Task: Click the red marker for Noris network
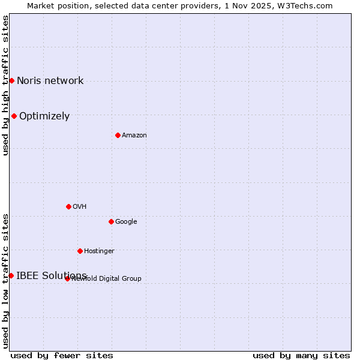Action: (11, 80)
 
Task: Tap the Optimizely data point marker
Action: (14, 116)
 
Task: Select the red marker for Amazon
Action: (118, 135)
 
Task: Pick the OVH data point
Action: (68, 206)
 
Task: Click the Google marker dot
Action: (111, 221)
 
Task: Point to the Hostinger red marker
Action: (80, 251)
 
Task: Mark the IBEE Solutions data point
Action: (11, 275)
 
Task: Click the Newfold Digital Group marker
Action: (67, 278)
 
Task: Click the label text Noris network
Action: (50, 80)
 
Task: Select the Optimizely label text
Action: (44, 116)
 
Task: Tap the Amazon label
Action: (134, 135)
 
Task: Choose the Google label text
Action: (126, 221)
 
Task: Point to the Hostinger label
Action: (99, 251)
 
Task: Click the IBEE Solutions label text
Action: (52, 275)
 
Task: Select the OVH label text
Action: (80, 206)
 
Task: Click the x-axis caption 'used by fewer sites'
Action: (62, 355)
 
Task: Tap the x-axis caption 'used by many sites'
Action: (301, 355)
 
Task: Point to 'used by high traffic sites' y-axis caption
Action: (5, 85)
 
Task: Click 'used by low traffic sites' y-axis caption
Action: (5, 280)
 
